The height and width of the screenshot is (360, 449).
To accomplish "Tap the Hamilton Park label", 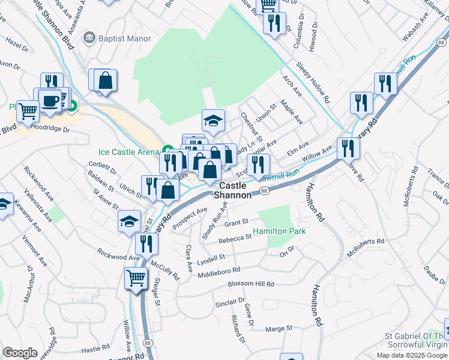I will tap(279, 231).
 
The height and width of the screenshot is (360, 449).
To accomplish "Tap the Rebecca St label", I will tap(235, 238).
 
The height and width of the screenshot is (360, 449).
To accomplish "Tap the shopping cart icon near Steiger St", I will tap(136, 278).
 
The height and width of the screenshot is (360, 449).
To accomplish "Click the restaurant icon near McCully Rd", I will tap(146, 243).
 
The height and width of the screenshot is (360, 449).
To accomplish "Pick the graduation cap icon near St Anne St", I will tap(129, 221).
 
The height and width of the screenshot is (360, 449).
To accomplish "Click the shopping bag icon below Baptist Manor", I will tap(105, 80).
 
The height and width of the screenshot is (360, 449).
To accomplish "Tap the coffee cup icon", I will tap(49, 99).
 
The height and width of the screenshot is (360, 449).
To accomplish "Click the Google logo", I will tap(20, 353).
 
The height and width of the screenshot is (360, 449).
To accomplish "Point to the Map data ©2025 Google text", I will tap(412, 355).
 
